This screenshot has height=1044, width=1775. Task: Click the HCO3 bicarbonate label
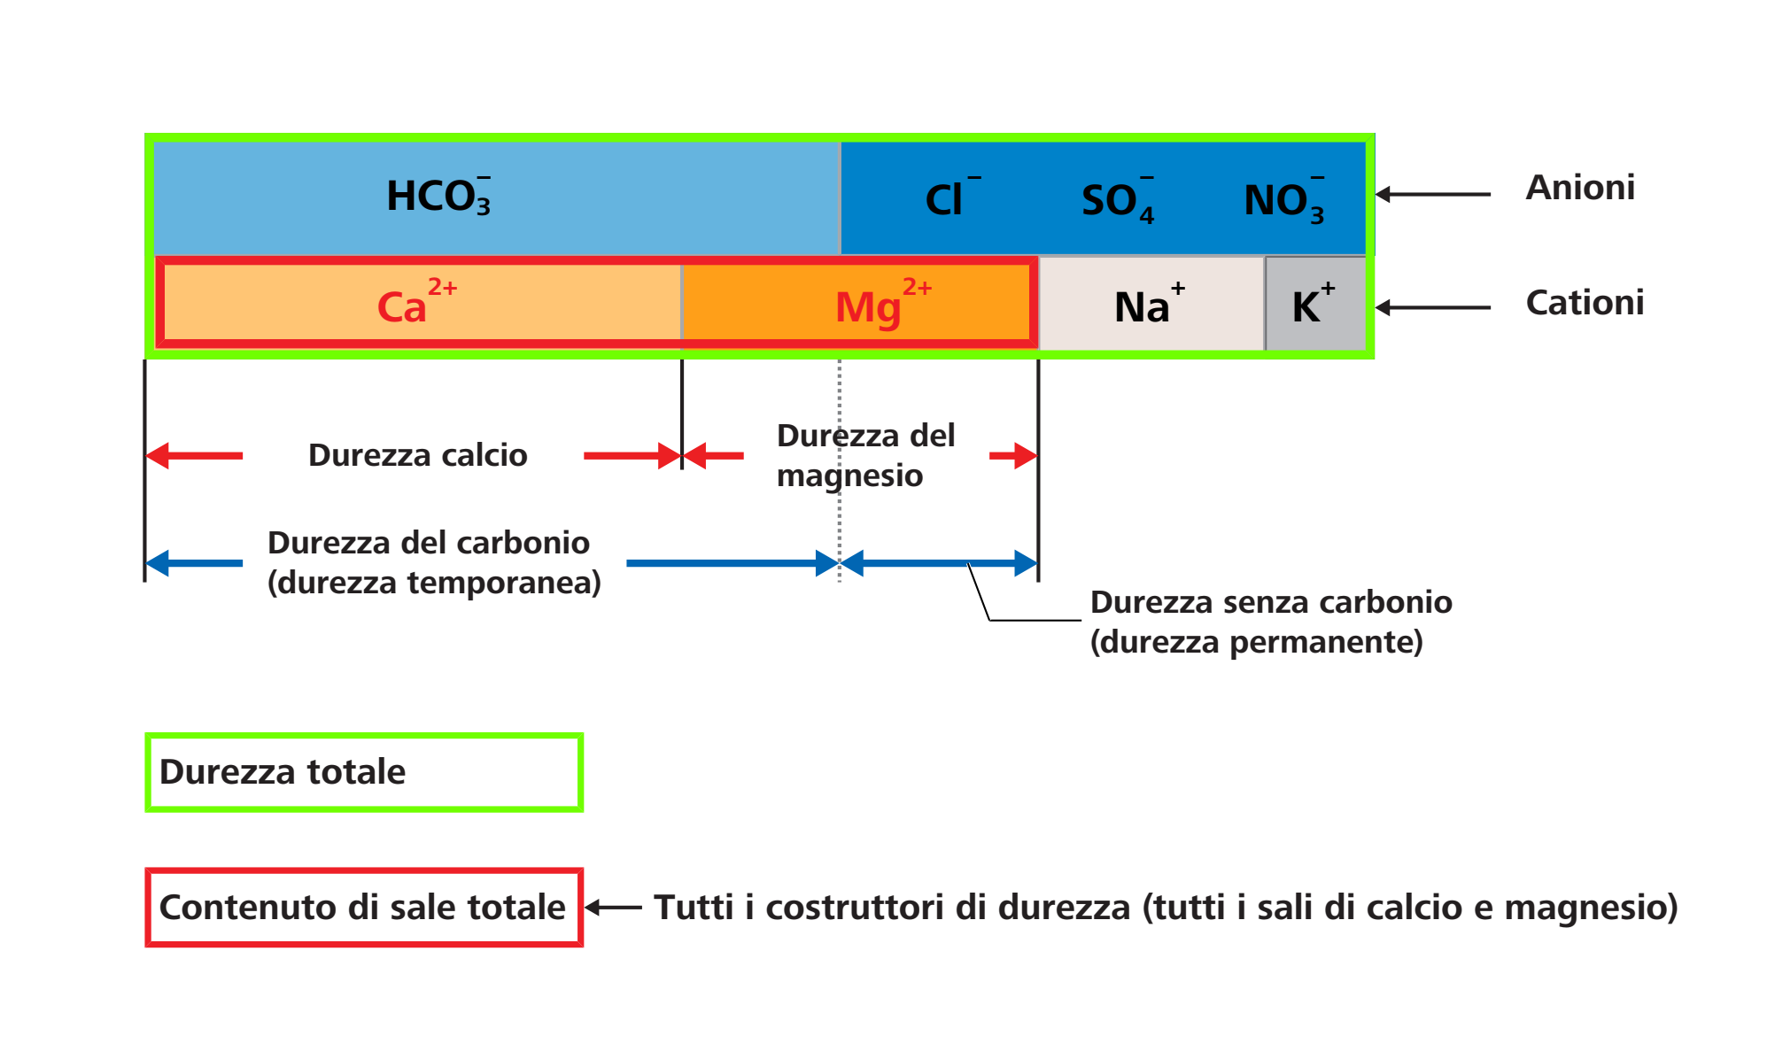coord(438,196)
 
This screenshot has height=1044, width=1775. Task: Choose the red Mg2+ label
coord(883,304)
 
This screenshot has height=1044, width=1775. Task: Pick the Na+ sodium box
coord(1151,304)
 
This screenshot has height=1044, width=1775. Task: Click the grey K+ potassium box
coord(1316,304)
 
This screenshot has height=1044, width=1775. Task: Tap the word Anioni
coord(1580,188)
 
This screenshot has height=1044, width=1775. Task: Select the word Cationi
coord(1585,303)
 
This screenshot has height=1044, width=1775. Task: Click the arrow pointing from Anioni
coord(1433,194)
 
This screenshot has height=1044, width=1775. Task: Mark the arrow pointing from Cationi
coord(1433,307)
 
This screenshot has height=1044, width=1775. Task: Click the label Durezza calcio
coord(418,455)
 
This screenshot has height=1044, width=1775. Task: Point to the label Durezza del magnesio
coord(866,455)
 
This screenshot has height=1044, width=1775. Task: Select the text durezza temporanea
coord(434,583)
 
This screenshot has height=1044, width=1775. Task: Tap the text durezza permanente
coord(1257,642)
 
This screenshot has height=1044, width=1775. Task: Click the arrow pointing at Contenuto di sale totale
coord(613,908)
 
